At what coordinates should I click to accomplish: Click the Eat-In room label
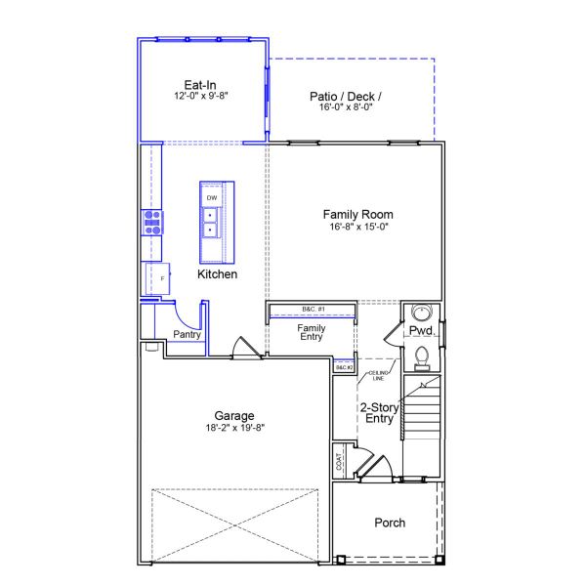click(200, 84)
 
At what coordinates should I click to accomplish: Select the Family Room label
click(358, 214)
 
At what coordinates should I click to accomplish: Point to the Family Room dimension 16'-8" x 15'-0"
click(358, 227)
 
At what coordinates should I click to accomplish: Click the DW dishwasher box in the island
click(211, 197)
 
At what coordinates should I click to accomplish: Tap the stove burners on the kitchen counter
click(153, 223)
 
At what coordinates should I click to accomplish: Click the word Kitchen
click(217, 274)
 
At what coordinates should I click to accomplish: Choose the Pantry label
click(187, 335)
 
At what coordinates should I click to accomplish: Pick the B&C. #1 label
click(313, 310)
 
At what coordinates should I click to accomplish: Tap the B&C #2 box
click(343, 367)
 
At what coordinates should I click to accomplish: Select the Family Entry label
click(312, 332)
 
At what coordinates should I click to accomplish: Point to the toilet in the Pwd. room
click(423, 356)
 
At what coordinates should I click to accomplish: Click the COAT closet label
click(339, 458)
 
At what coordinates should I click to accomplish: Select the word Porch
click(390, 523)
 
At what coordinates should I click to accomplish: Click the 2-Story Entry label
click(377, 413)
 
